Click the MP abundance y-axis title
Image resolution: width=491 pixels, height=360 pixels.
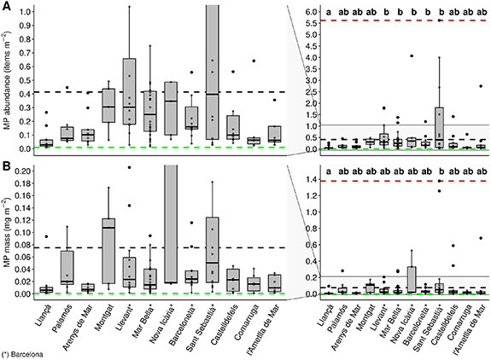8,82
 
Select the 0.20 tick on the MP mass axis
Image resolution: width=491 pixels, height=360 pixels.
25,171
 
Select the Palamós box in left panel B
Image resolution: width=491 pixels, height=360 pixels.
67,268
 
